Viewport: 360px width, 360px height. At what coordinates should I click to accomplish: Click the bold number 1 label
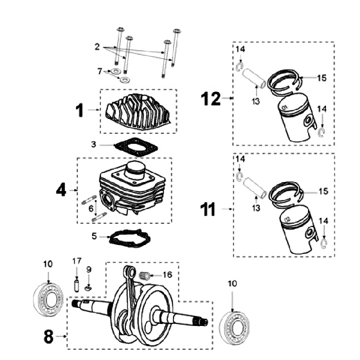[80, 110]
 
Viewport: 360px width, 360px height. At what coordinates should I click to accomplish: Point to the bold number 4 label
[60, 190]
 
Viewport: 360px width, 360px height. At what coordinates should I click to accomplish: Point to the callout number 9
[89, 269]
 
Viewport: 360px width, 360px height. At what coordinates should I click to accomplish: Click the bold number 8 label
[48, 337]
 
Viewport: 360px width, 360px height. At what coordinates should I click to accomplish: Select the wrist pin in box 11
[255, 187]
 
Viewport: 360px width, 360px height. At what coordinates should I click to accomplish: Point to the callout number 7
[100, 72]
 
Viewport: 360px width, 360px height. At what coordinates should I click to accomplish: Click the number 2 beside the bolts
[96, 46]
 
